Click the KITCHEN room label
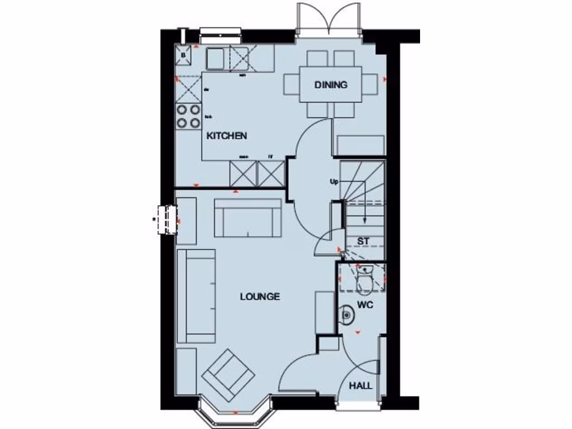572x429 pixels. pyautogui.click(x=227, y=136)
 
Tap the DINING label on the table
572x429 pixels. pyautogui.click(x=331, y=85)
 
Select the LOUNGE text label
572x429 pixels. pyautogui.click(x=260, y=297)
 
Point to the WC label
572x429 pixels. pyautogui.click(x=365, y=306)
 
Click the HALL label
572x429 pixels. pyautogui.click(x=361, y=386)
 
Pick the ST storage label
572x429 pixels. pyautogui.click(x=364, y=241)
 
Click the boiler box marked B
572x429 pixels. pyautogui.click(x=184, y=54)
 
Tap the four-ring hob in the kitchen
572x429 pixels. pyautogui.click(x=188, y=116)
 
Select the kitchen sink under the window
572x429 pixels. pyautogui.click(x=215, y=57)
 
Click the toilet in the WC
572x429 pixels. pyautogui.click(x=364, y=280)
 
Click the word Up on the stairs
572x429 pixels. pyautogui.click(x=334, y=182)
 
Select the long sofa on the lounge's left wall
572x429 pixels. pyautogui.click(x=196, y=296)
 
